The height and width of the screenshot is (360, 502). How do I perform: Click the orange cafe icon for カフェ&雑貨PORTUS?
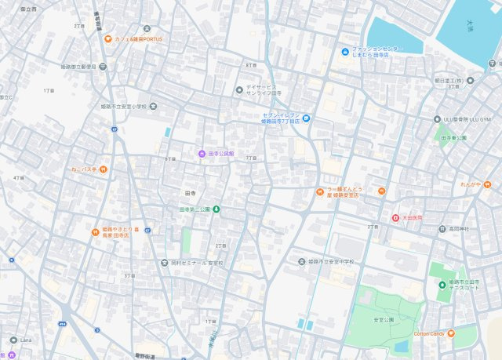[x=107, y=38]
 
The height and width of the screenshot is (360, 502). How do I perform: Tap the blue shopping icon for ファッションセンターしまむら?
[x=345, y=53]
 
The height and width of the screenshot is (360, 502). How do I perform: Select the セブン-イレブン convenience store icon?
[x=307, y=118]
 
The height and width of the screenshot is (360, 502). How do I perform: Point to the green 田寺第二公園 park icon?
[x=217, y=209]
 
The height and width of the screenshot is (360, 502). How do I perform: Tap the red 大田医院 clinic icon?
[x=396, y=216]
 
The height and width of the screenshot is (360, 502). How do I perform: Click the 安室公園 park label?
[x=383, y=320]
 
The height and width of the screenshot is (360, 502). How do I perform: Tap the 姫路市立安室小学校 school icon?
[x=152, y=106]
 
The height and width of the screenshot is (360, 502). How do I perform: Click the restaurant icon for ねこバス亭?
[x=103, y=169]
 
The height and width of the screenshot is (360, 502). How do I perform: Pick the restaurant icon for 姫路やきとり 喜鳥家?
[x=95, y=231]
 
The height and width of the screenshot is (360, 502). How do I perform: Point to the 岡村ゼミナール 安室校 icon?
[x=164, y=263]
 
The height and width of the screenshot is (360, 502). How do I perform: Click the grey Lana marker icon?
[x=13, y=340]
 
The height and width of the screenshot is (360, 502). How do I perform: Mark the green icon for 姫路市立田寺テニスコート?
[x=442, y=284]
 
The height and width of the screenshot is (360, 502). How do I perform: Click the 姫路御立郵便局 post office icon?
[x=104, y=67]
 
